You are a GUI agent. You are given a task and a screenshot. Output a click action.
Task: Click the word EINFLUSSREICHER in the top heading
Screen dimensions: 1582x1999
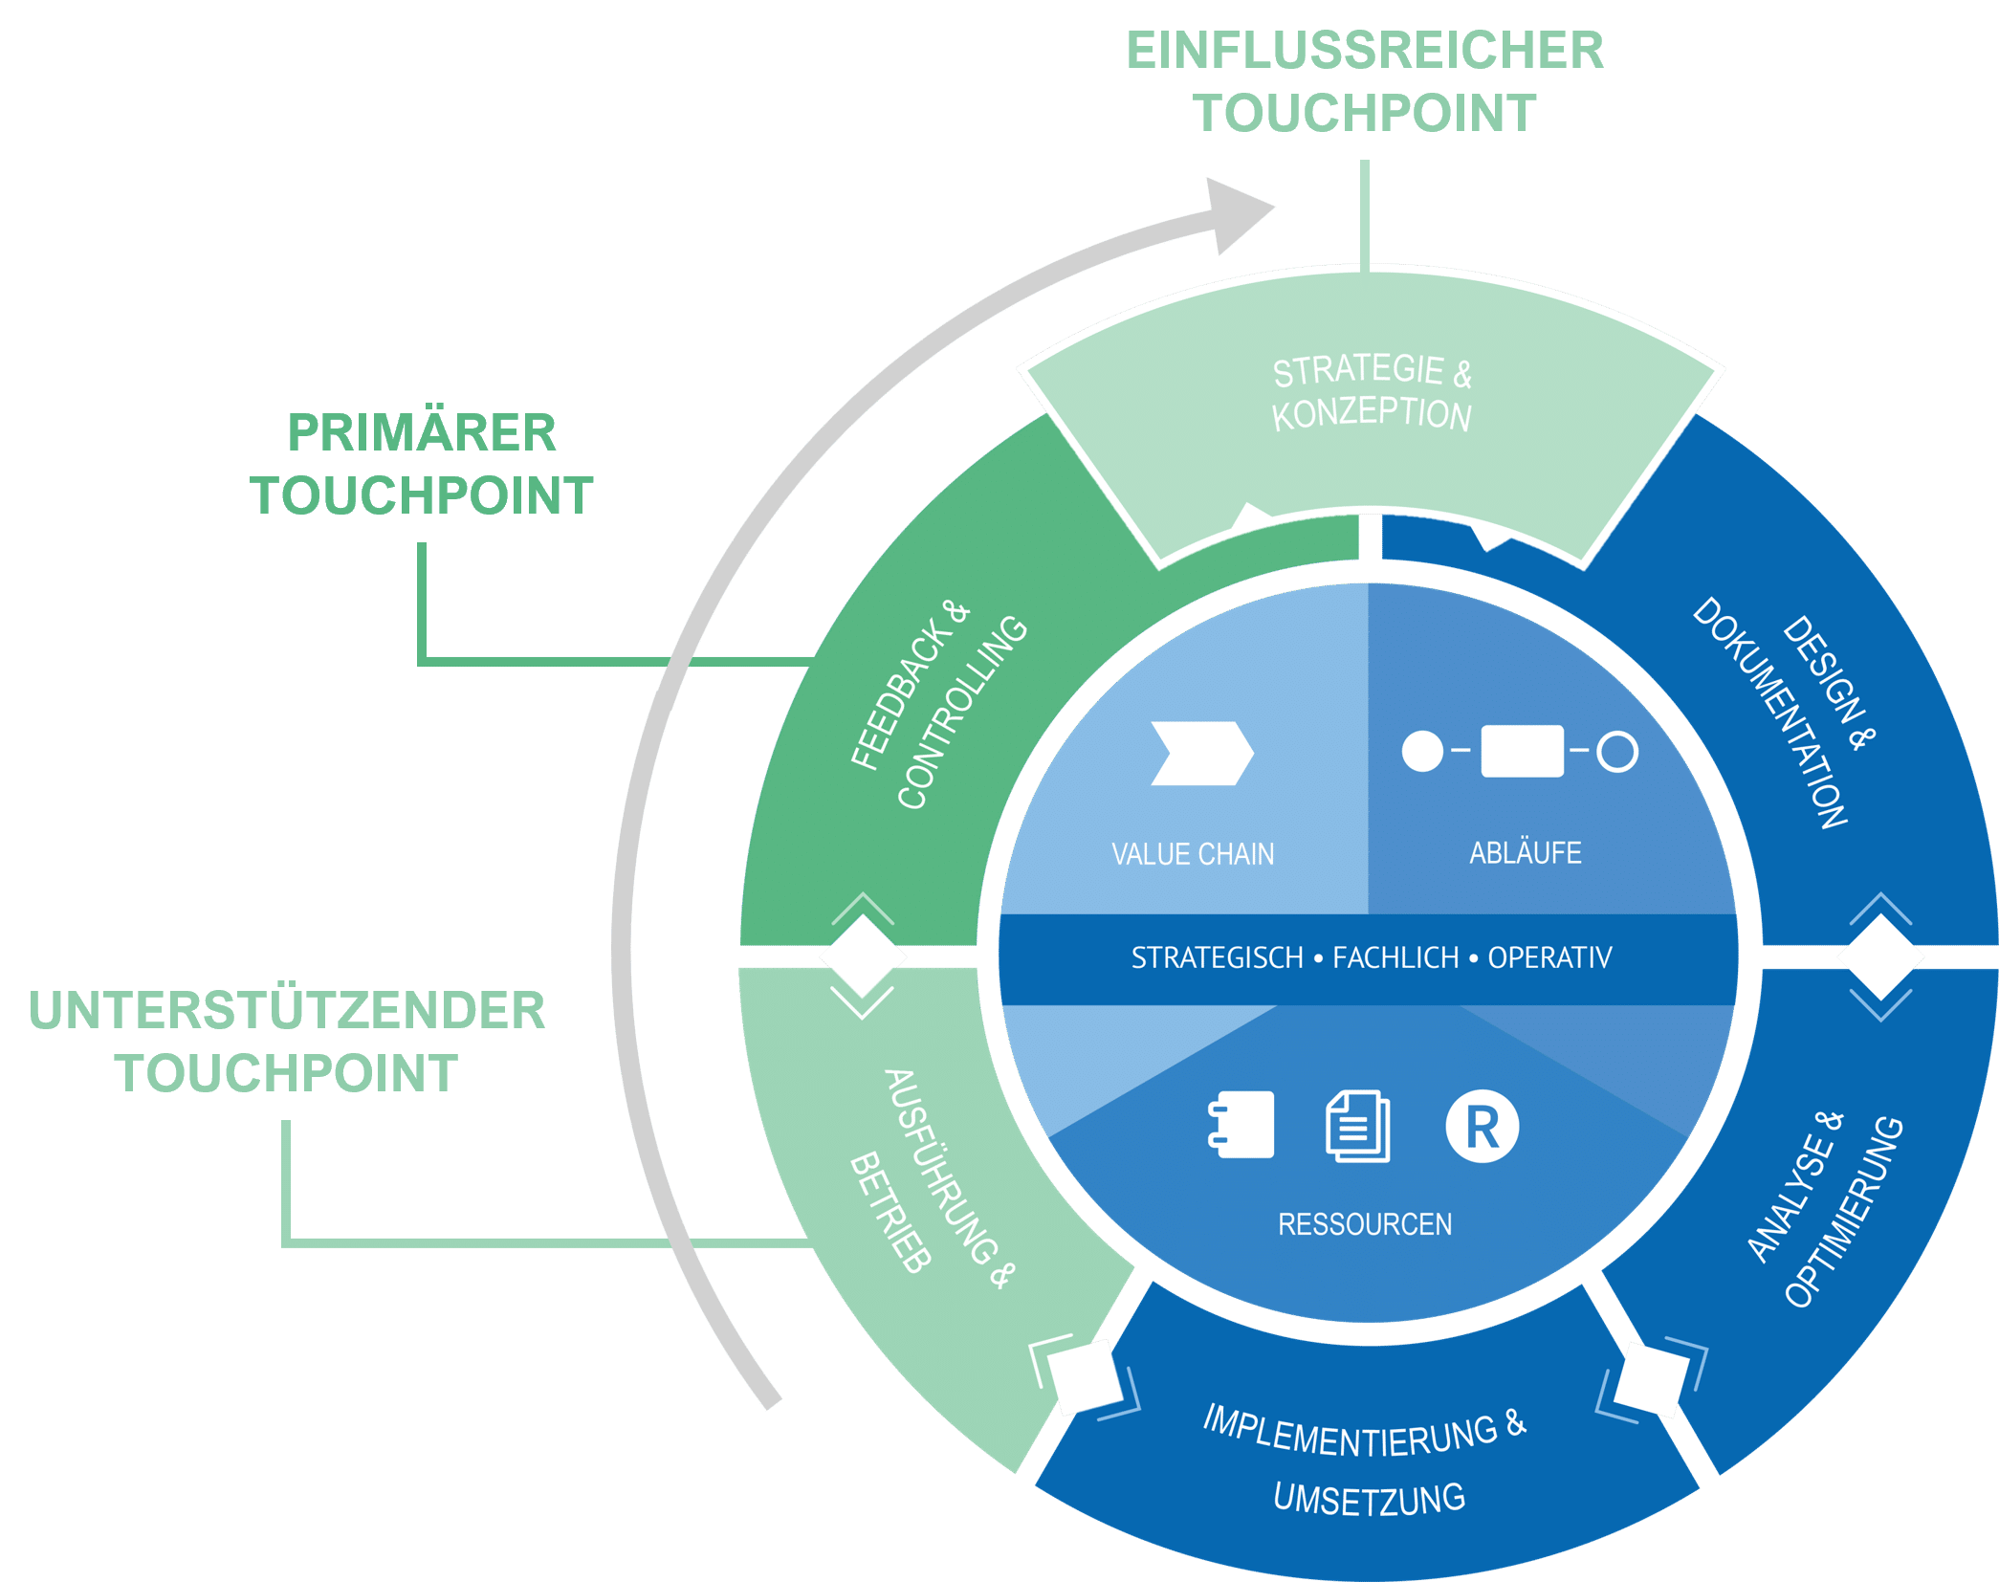1364,51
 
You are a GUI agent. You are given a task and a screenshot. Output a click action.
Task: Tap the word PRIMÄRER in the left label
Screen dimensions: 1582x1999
422,432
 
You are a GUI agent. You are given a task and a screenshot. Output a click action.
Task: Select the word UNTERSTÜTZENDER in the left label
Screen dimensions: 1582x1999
287,1010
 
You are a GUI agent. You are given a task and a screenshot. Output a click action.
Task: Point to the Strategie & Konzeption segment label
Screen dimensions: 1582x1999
1371,393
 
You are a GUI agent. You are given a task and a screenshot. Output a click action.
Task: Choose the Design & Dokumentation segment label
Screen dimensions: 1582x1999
1784,713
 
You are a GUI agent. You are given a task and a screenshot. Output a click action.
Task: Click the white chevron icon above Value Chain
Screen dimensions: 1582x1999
1201,754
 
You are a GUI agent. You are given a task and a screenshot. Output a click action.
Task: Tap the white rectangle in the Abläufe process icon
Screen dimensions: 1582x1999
1522,751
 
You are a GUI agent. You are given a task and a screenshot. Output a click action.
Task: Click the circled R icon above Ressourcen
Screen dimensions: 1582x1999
1482,1127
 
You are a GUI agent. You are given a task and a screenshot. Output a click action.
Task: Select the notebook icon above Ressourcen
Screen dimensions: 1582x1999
1241,1125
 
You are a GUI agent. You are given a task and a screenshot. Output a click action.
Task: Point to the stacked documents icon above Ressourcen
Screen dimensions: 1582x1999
1358,1127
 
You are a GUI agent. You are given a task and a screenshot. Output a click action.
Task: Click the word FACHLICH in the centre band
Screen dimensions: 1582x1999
1395,957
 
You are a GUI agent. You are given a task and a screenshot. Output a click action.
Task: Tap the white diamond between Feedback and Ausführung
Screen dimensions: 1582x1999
863,956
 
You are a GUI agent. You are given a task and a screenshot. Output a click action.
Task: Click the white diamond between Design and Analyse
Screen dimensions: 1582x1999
1880,956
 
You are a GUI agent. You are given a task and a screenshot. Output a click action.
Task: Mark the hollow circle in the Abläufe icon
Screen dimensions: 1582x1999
1617,752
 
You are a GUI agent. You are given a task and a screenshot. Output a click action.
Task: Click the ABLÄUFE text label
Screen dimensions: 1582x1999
1525,852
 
